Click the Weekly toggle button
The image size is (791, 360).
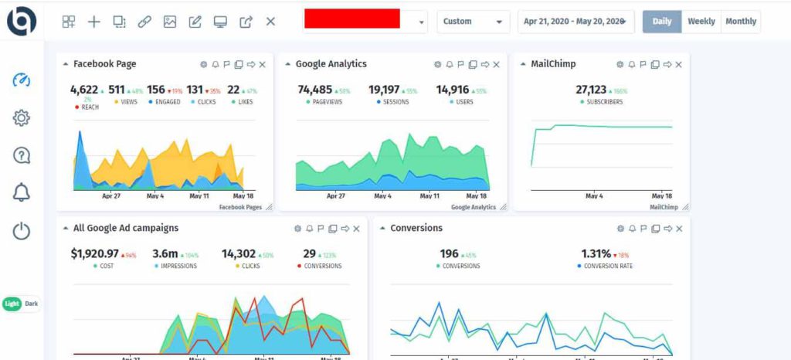pos(701,22)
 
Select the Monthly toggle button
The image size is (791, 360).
pos(740,22)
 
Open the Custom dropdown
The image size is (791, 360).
pos(473,22)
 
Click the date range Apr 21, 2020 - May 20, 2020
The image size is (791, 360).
pos(575,22)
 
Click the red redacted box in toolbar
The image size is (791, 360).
pos(351,19)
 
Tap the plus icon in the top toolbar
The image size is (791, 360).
pos(93,22)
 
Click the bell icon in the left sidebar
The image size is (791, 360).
pos(22,193)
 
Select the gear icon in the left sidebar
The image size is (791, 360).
pos(22,117)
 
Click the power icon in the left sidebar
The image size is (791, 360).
pos(22,231)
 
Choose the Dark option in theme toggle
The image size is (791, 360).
pos(31,304)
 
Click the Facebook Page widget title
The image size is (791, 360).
pos(104,64)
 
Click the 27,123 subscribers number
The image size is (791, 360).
pos(592,90)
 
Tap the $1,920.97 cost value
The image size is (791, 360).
pos(94,253)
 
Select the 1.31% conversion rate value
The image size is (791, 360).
pos(596,253)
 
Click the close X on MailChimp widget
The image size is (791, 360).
pos(678,65)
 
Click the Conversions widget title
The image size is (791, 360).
pos(416,228)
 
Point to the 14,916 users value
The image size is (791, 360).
pos(453,90)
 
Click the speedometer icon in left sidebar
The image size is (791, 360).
pos(22,80)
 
